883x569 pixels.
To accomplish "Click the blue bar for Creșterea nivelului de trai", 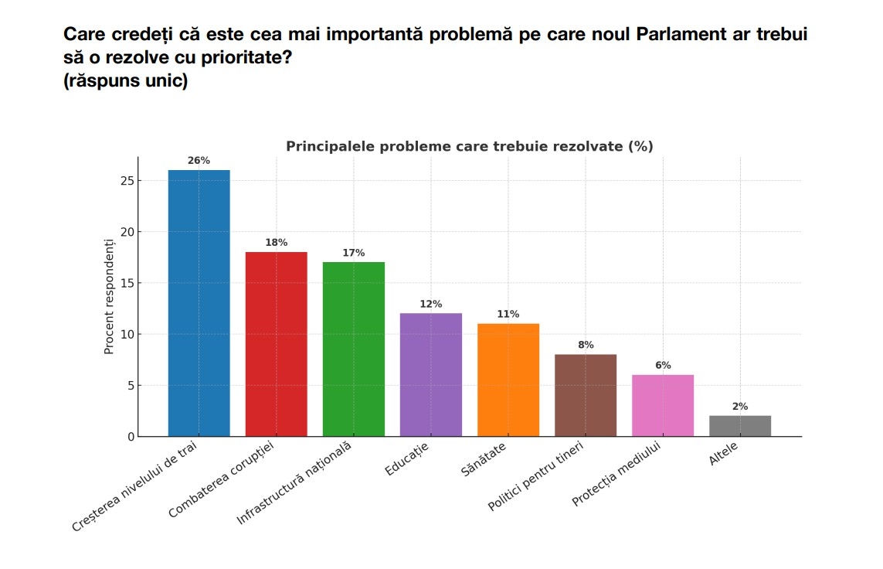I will pyautogui.click(x=199, y=303).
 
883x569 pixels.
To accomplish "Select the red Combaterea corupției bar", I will pyautogui.click(x=276, y=344).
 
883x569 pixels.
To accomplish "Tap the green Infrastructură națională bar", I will pyautogui.click(x=353, y=349).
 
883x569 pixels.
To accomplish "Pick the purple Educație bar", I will pyautogui.click(x=430, y=375).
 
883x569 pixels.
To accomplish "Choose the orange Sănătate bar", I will pyautogui.click(x=508, y=380).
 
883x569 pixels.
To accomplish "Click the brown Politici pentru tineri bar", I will pyautogui.click(x=585, y=395).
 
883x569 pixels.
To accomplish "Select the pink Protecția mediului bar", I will pyautogui.click(x=662, y=405).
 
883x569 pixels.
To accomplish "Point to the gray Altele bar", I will pyautogui.click(x=739, y=426).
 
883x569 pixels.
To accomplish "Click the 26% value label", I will pyautogui.click(x=199, y=161).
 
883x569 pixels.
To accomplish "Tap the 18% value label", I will pyautogui.click(x=276, y=243).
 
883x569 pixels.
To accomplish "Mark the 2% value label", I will pyautogui.click(x=739, y=407).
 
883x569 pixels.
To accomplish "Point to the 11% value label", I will pyautogui.click(x=508, y=315).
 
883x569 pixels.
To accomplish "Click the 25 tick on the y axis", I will pyautogui.click(x=127, y=181).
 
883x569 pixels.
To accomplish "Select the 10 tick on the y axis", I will pyautogui.click(x=127, y=335).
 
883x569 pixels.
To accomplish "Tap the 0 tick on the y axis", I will pyautogui.click(x=131, y=437).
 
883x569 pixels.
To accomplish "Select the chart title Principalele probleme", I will pyautogui.click(x=469, y=146).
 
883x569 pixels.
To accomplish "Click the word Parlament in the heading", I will pyautogui.click(x=681, y=35).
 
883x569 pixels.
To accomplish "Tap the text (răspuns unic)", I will pyautogui.click(x=126, y=80).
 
